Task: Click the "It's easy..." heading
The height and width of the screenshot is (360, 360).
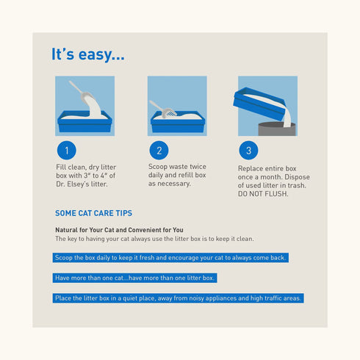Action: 88,54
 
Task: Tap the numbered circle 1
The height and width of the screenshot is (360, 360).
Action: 67,150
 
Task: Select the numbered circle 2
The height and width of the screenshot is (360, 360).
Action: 159,150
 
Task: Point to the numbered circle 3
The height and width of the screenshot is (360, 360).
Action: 248,150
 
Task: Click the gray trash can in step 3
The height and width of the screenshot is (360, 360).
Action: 277,129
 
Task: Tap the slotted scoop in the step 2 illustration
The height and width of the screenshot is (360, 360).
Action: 163,109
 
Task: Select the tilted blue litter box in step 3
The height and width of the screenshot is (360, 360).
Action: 259,104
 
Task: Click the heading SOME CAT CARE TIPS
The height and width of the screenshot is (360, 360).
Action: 93,213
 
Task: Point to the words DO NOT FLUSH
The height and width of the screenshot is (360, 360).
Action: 263,194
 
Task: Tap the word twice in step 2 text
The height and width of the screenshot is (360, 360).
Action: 198,167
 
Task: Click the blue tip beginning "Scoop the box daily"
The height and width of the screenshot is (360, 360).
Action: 170,258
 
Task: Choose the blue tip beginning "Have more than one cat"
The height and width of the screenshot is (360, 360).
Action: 134,278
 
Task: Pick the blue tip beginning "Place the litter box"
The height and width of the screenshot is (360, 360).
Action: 179,298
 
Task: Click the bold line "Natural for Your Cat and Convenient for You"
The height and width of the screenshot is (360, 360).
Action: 119,230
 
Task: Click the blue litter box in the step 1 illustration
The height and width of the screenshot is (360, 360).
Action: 84,121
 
